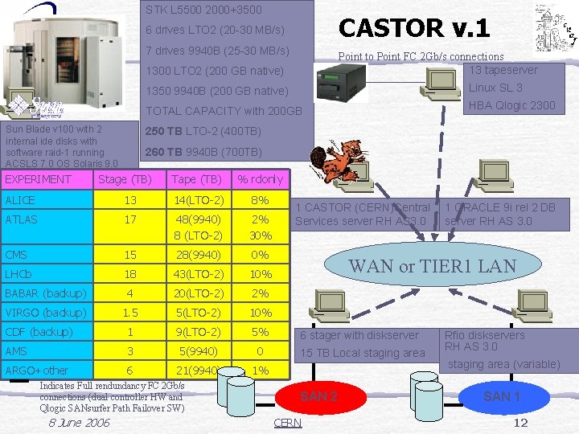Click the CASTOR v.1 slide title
[413, 28]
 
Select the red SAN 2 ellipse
[319, 396]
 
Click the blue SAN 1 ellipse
[502, 396]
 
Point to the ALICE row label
[19, 200]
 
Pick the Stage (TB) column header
[125, 179]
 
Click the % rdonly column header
[259, 179]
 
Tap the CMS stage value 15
[131, 255]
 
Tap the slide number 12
[520, 423]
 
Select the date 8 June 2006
[79, 423]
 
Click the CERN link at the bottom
[288, 424]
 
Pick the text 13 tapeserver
[503, 70]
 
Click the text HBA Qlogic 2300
[512, 105]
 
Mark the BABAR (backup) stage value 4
[131, 293]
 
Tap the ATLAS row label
[21, 219]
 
